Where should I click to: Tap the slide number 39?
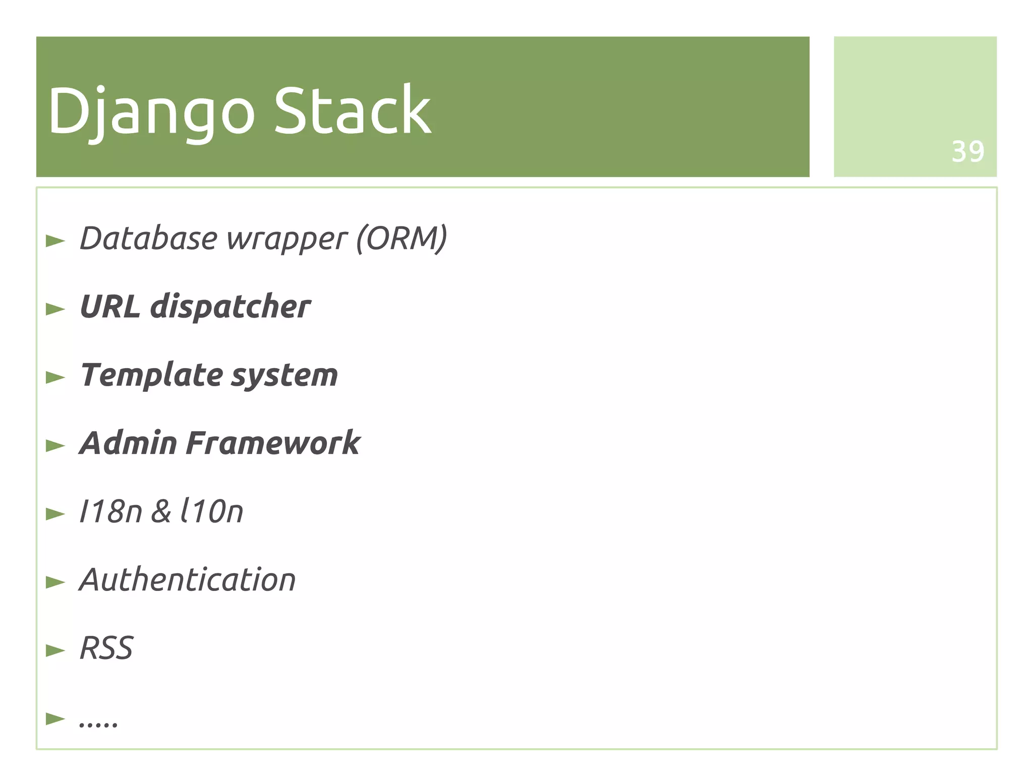pyautogui.click(x=967, y=151)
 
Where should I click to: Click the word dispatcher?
pyautogui.click(x=231, y=307)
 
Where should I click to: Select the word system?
pyautogui.click(x=285, y=376)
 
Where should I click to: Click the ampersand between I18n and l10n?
pyautogui.click(x=161, y=511)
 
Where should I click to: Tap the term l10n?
pyautogui.click(x=212, y=511)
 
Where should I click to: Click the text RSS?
pyautogui.click(x=106, y=648)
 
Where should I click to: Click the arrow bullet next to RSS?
pyautogui.click(x=55, y=650)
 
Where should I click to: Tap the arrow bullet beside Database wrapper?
pyautogui.click(x=55, y=241)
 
